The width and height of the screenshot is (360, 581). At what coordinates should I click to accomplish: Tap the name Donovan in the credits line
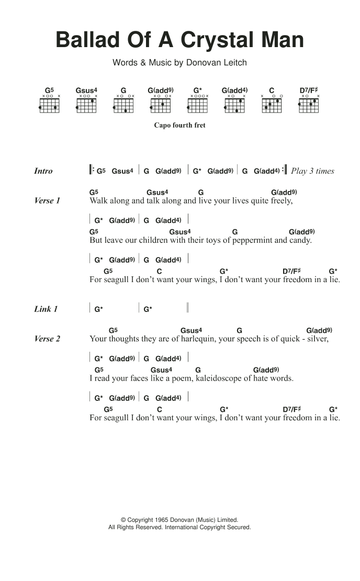coord(204,63)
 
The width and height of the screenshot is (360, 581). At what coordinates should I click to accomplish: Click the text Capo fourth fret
coord(179,126)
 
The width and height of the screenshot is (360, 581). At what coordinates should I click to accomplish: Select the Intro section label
coord(43,171)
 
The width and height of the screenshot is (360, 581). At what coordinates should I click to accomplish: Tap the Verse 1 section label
coord(47,200)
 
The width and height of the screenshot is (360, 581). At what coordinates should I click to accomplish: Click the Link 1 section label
coord(46,309)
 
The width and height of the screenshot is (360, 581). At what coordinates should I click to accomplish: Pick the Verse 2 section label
coord(47,339)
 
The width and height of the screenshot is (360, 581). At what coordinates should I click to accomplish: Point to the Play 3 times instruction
coord(312,171)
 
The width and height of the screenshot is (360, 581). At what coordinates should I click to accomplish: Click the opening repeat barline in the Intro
coord(92,170)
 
